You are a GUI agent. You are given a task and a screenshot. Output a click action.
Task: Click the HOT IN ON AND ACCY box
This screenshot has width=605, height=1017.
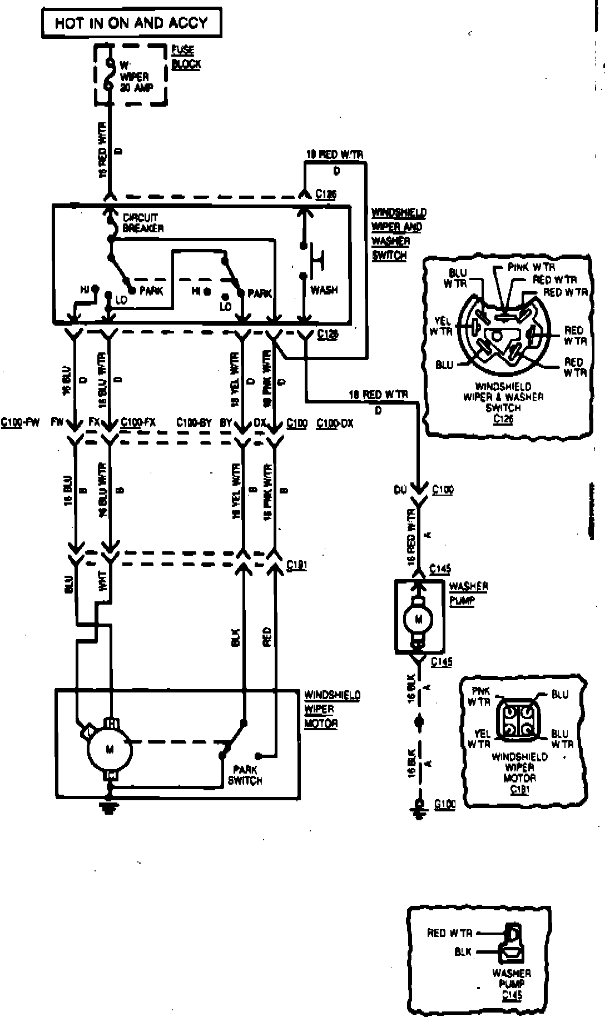[131, 23]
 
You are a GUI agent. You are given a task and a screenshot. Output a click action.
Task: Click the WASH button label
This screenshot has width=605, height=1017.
[324, 290]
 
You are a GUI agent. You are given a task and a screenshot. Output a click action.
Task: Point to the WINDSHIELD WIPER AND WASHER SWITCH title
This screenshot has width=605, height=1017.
[398, 234]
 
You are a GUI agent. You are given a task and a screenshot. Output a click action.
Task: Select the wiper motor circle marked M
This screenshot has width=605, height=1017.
[110, 749]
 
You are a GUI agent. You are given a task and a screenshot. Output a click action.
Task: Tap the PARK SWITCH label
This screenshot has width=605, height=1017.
[245, 775]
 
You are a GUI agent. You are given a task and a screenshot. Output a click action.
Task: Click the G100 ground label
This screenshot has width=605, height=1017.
[445, 805]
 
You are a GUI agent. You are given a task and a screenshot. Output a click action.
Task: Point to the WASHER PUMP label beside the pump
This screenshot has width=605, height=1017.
[468, 594]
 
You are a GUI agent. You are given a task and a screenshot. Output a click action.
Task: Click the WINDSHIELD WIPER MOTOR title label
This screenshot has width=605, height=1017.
[331, 709]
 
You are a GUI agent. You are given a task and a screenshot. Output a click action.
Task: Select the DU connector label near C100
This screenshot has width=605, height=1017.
[400, 490]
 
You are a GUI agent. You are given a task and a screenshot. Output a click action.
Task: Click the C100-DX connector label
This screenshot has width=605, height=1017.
[335, 423]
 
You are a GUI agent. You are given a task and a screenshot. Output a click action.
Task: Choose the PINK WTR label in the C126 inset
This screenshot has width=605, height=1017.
[532, 267]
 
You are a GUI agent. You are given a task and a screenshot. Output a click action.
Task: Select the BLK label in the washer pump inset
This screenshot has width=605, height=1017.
[463, 952]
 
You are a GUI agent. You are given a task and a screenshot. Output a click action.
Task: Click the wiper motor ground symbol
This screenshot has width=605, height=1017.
[110, 806]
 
